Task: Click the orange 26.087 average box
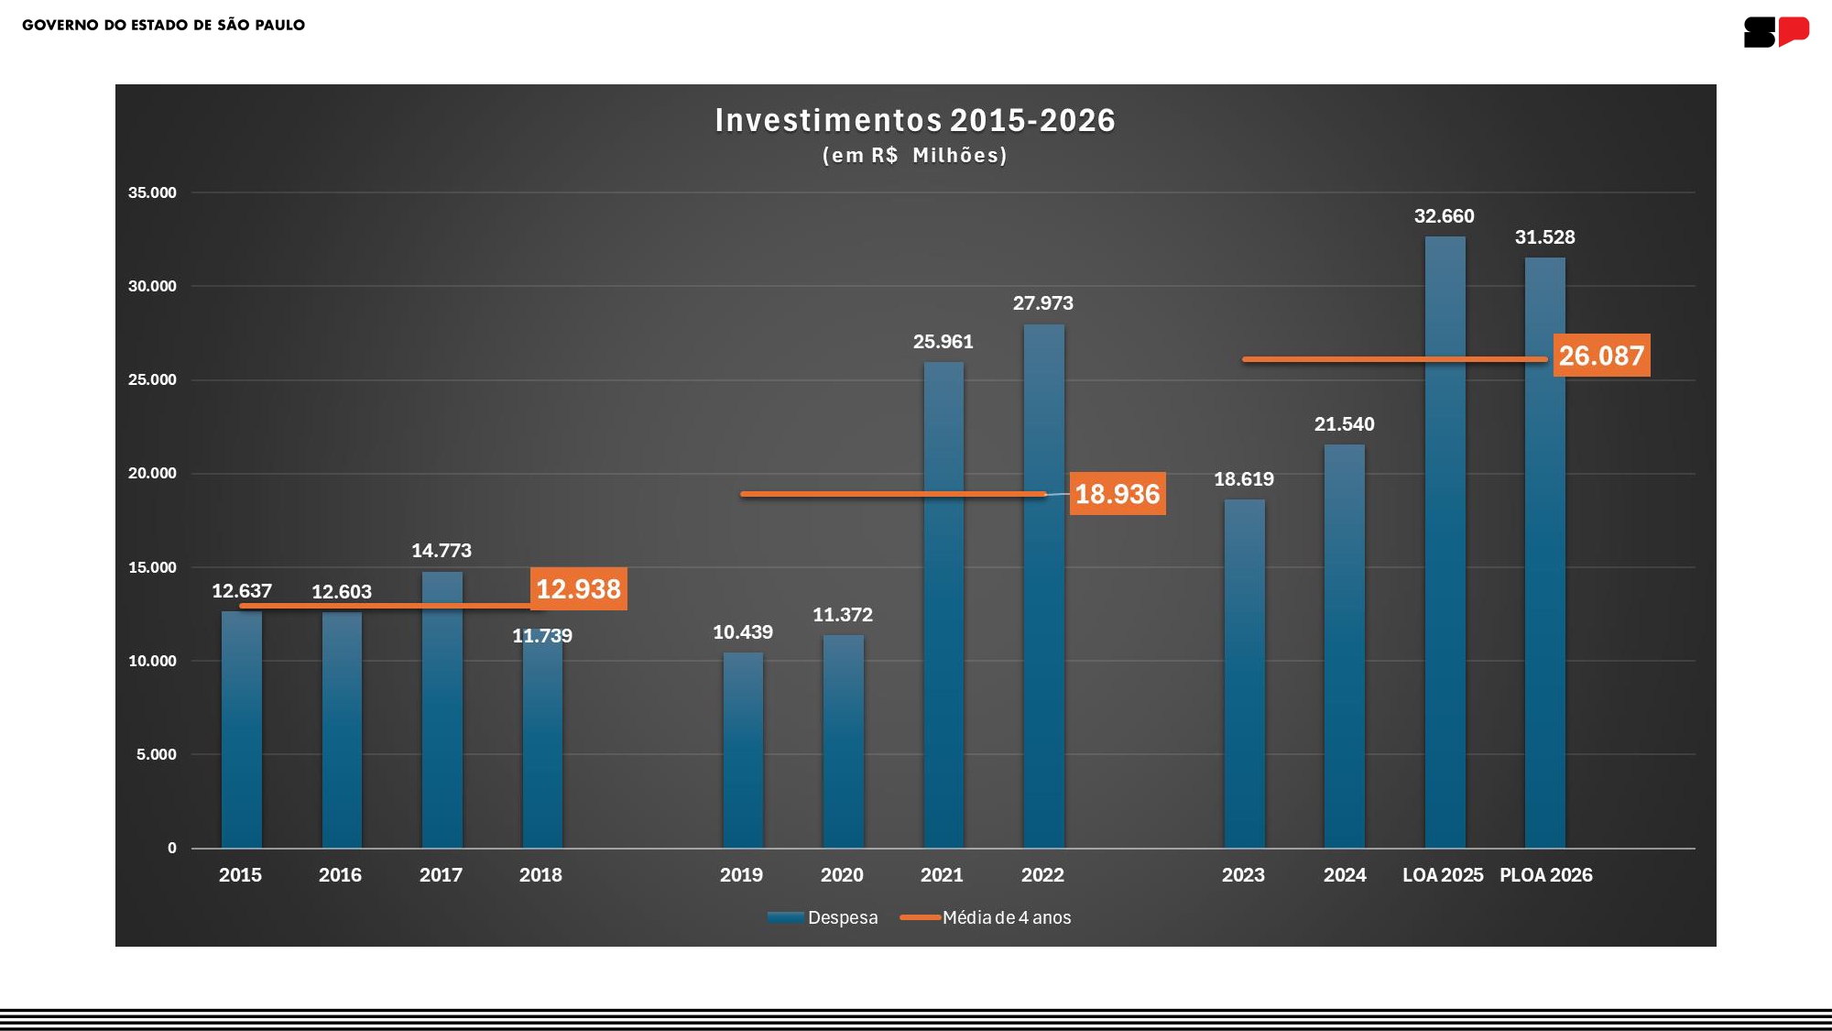coord(1601,356)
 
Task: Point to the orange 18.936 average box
coord(1118,494)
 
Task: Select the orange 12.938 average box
coord(578,589)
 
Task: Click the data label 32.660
coord(1444,216)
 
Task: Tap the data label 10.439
coord(742,632)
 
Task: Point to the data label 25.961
coord(943,342)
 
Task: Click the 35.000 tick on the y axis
coord(152,192)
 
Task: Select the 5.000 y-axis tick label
coord(156,754)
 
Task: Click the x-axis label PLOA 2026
coord(1545,875)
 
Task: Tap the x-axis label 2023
coord(1243,875)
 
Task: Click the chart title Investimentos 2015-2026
coord(914,120)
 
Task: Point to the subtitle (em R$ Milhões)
coord(914,156)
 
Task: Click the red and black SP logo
coord(1776,32)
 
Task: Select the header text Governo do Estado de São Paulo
coord(163,25)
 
